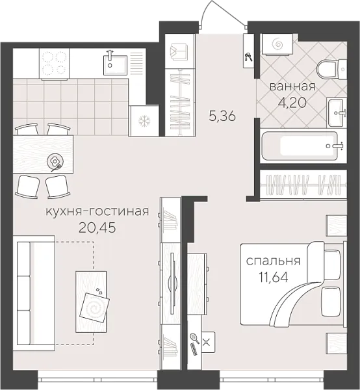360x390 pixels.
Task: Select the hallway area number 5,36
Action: pyautogui.click(x=222, y=117)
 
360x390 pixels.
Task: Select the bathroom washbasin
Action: pyautogui.click(x=337, y=113)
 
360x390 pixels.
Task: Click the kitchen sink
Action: pyautogui.click(x=117, y=64)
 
